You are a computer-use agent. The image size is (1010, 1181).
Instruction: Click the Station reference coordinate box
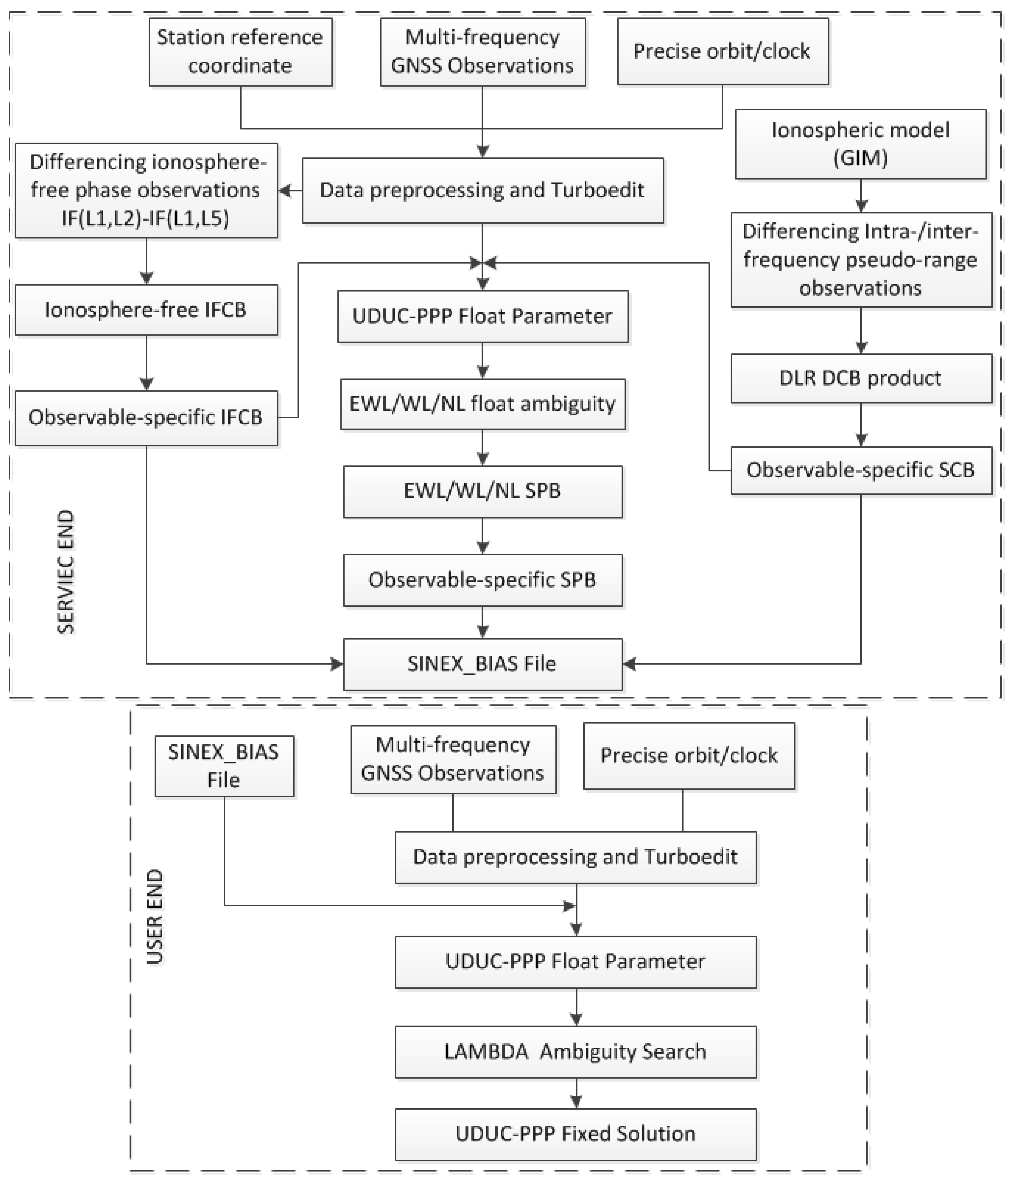point(240,52)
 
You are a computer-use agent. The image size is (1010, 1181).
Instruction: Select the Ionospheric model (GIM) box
point(860,144)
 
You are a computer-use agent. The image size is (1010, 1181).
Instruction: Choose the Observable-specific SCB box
point(861,470)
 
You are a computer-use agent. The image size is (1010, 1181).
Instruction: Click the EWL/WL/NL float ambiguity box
point(483,404)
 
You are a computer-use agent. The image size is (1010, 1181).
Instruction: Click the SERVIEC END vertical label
point(66,572)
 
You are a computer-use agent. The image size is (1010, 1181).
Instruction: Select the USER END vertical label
point(155,917)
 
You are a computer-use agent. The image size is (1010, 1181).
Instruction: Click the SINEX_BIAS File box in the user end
point(225,766)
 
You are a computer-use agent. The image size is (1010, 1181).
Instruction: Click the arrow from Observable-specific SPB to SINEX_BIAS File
point(483,622)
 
